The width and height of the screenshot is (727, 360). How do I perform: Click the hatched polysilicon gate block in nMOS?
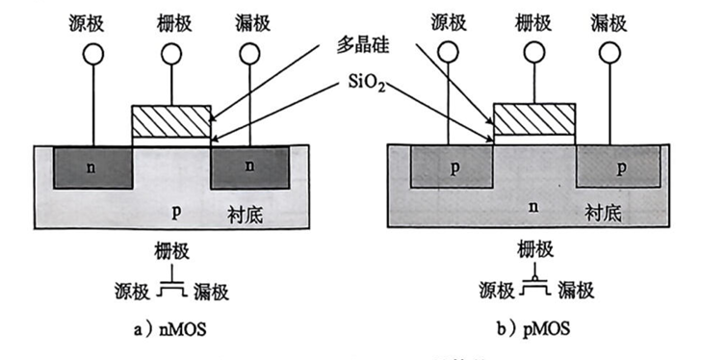pos(170,120)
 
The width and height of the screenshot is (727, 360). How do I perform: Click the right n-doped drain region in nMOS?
pos(250,167)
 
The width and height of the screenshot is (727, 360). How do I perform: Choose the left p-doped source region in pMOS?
pos(451,166)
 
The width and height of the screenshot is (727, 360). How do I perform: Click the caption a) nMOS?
pos(170,330)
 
